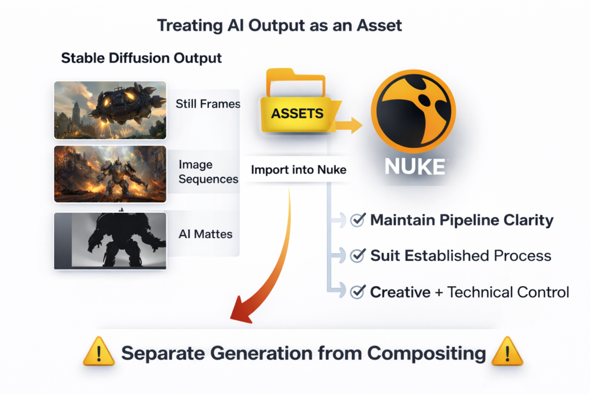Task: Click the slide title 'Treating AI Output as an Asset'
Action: [x=279, y=25]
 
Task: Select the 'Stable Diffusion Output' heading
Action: [x=141, y=58]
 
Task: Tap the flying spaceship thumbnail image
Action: [x=110, y=110]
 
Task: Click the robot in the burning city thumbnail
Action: [x=110, y=174]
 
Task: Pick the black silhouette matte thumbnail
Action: [x=110, y=241]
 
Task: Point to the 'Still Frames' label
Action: [x=207, y=104]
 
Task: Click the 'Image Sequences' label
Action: [x=209, y=172]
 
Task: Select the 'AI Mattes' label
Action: [x=206, y=234]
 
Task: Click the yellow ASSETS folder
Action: [x=297, y=101]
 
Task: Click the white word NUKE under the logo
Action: [x=415, y=167]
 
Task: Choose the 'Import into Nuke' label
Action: [x=298, y=170]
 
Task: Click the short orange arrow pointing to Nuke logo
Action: [x=349, y=125]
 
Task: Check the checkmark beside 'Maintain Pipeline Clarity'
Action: [x=358, y=220]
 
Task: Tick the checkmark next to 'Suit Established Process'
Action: [x=358, y=256]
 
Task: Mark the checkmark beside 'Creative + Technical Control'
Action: [x=358, y=291]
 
